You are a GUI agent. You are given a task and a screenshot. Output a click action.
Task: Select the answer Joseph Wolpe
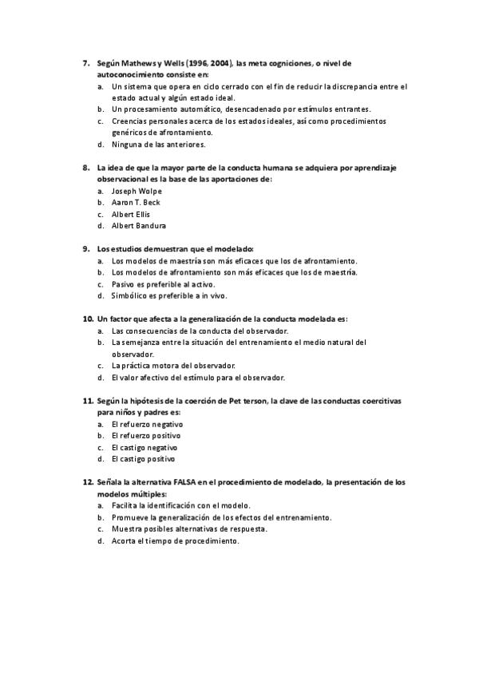tap(137, 192)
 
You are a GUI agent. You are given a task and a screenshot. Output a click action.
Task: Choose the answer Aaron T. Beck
tap(136, 203)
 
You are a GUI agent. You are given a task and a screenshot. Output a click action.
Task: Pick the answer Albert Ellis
tap(131, 214)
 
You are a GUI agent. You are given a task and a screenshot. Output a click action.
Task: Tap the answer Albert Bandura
tap(140, 226)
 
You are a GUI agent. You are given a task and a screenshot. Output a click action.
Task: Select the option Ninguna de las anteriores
tap(159, 145)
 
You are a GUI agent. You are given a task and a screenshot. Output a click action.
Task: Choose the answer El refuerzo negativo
tap(148, 425)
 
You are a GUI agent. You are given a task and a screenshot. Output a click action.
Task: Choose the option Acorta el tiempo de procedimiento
tap(176, 540)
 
